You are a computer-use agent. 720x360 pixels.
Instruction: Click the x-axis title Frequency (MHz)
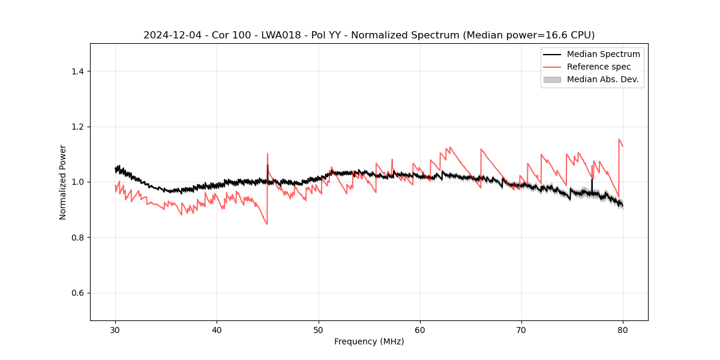pos(369,341)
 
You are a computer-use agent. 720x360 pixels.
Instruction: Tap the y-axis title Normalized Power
pos(63,182)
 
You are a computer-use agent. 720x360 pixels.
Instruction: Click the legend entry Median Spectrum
pos(603,54)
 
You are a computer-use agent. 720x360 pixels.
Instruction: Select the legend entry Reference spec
pos(598,67)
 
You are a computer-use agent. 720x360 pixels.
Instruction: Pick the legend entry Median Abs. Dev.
pos(602,79)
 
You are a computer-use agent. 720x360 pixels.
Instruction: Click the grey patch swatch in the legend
pos(552,79)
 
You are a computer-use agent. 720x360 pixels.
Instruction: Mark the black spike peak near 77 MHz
pos(592,179)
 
